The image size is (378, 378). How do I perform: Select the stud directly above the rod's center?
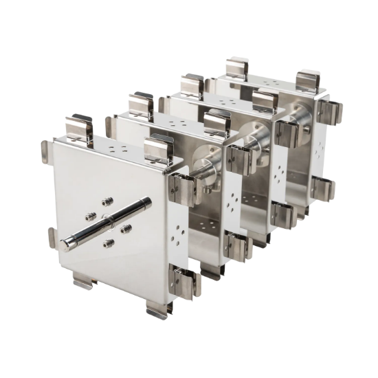pyautogui.click(x=107, y=201)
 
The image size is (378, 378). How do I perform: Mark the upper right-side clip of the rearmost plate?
pyautogui.click(x=331, y=110)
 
